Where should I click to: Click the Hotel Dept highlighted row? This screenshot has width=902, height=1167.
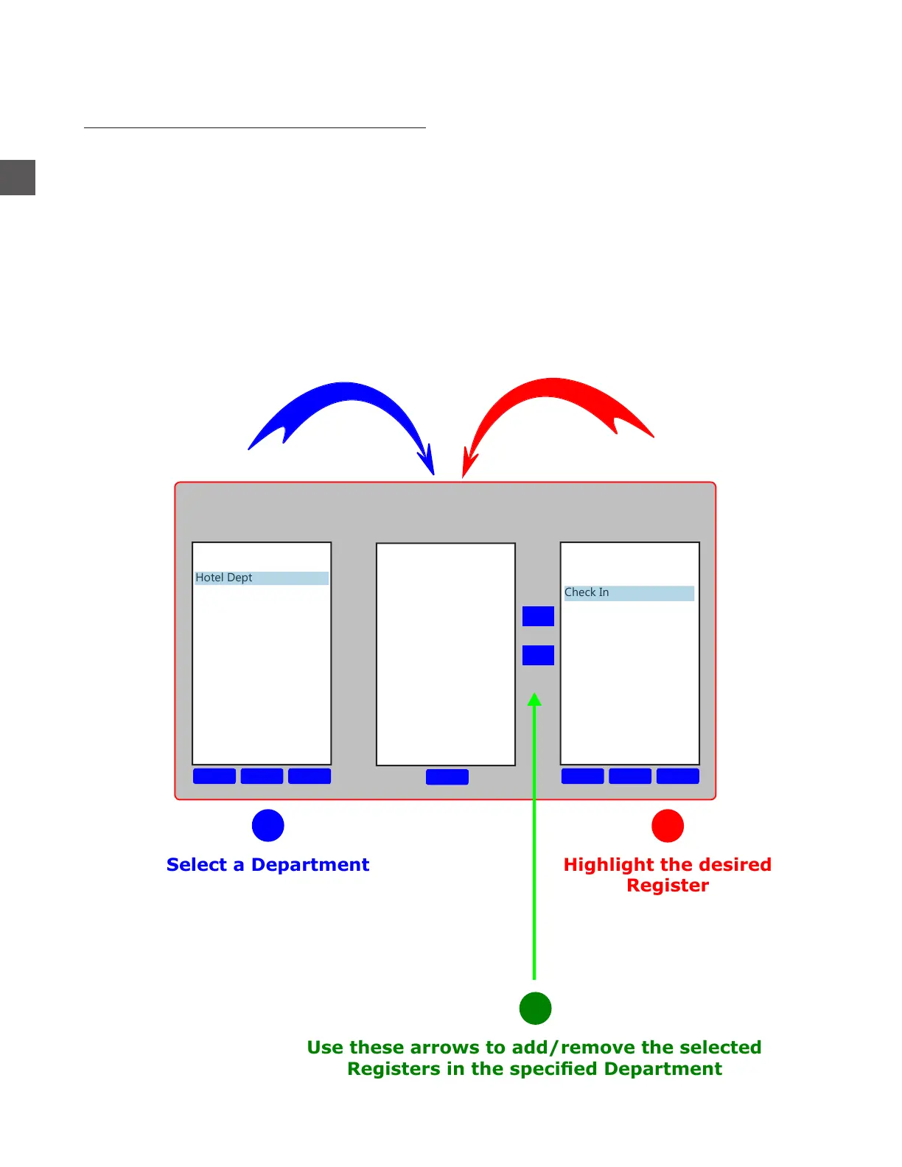pos(261,578)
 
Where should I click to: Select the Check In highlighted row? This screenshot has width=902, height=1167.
pos(629,593)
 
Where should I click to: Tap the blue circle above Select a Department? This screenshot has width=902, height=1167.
pos(268,825)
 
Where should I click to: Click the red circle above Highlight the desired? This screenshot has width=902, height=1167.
pos(668,825)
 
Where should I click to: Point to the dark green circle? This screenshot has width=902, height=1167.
pos(535,1008)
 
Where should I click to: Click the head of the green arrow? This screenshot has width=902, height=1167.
pos(535,699)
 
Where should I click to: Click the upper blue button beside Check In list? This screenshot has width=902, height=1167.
pos(538,616)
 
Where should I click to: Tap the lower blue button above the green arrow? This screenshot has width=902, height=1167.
pos(538,655)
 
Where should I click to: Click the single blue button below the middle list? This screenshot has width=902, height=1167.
pos(447,777)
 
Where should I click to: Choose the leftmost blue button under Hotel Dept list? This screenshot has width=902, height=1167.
pos(214,776)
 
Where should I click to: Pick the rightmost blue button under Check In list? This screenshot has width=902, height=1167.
pos(677,776)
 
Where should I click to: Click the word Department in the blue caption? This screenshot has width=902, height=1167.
pos(310,865)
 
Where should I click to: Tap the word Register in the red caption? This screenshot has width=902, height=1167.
pos(668,886)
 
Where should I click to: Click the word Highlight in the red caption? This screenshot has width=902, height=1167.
pos(609,865)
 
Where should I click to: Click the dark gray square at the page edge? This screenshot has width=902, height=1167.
pos(18,178)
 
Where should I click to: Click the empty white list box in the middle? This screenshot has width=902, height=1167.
pos(445,654)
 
